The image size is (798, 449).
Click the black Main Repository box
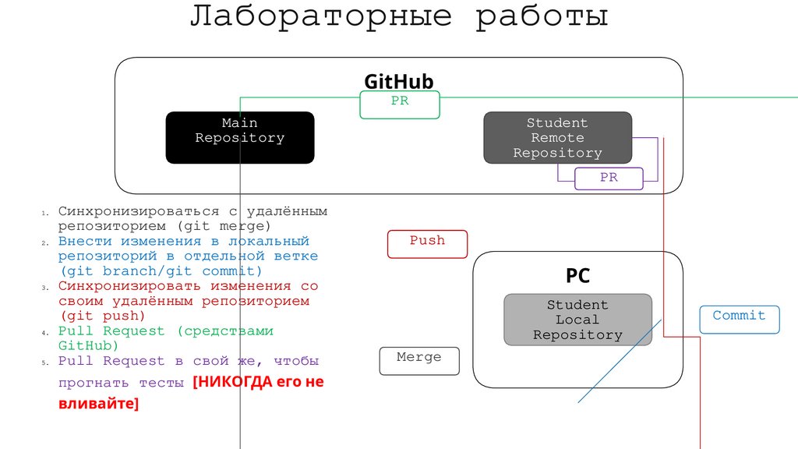(239, 137)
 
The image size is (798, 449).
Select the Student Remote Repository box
(557, 137)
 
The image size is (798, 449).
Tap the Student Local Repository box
(577, 320)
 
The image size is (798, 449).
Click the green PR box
(400, 104)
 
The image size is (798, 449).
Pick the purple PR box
(609, 179)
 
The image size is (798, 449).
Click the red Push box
(427, 244)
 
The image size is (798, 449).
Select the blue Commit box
(739, 319)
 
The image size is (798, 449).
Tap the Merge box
(419, 361)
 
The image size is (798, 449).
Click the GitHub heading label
(398, 82)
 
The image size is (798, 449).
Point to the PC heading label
(577, 275)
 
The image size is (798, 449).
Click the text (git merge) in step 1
(224, 226)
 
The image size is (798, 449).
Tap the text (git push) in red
(102, 316)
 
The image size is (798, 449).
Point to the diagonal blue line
(620, 360)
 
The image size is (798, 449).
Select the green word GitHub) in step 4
(88, 345)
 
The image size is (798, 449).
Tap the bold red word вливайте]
(99, 405)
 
